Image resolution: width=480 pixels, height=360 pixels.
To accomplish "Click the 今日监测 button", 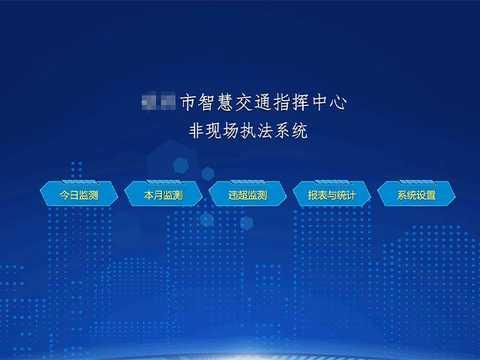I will [79, 196].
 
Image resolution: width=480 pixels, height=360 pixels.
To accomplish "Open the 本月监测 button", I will [163, 196].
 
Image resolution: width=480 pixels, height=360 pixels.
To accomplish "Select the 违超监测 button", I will [247, 196].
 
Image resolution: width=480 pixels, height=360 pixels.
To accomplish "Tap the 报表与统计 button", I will [331, 196].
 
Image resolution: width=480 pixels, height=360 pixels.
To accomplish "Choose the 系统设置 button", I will [416, 196].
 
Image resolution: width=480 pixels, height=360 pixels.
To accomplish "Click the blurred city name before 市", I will [158, 102].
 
